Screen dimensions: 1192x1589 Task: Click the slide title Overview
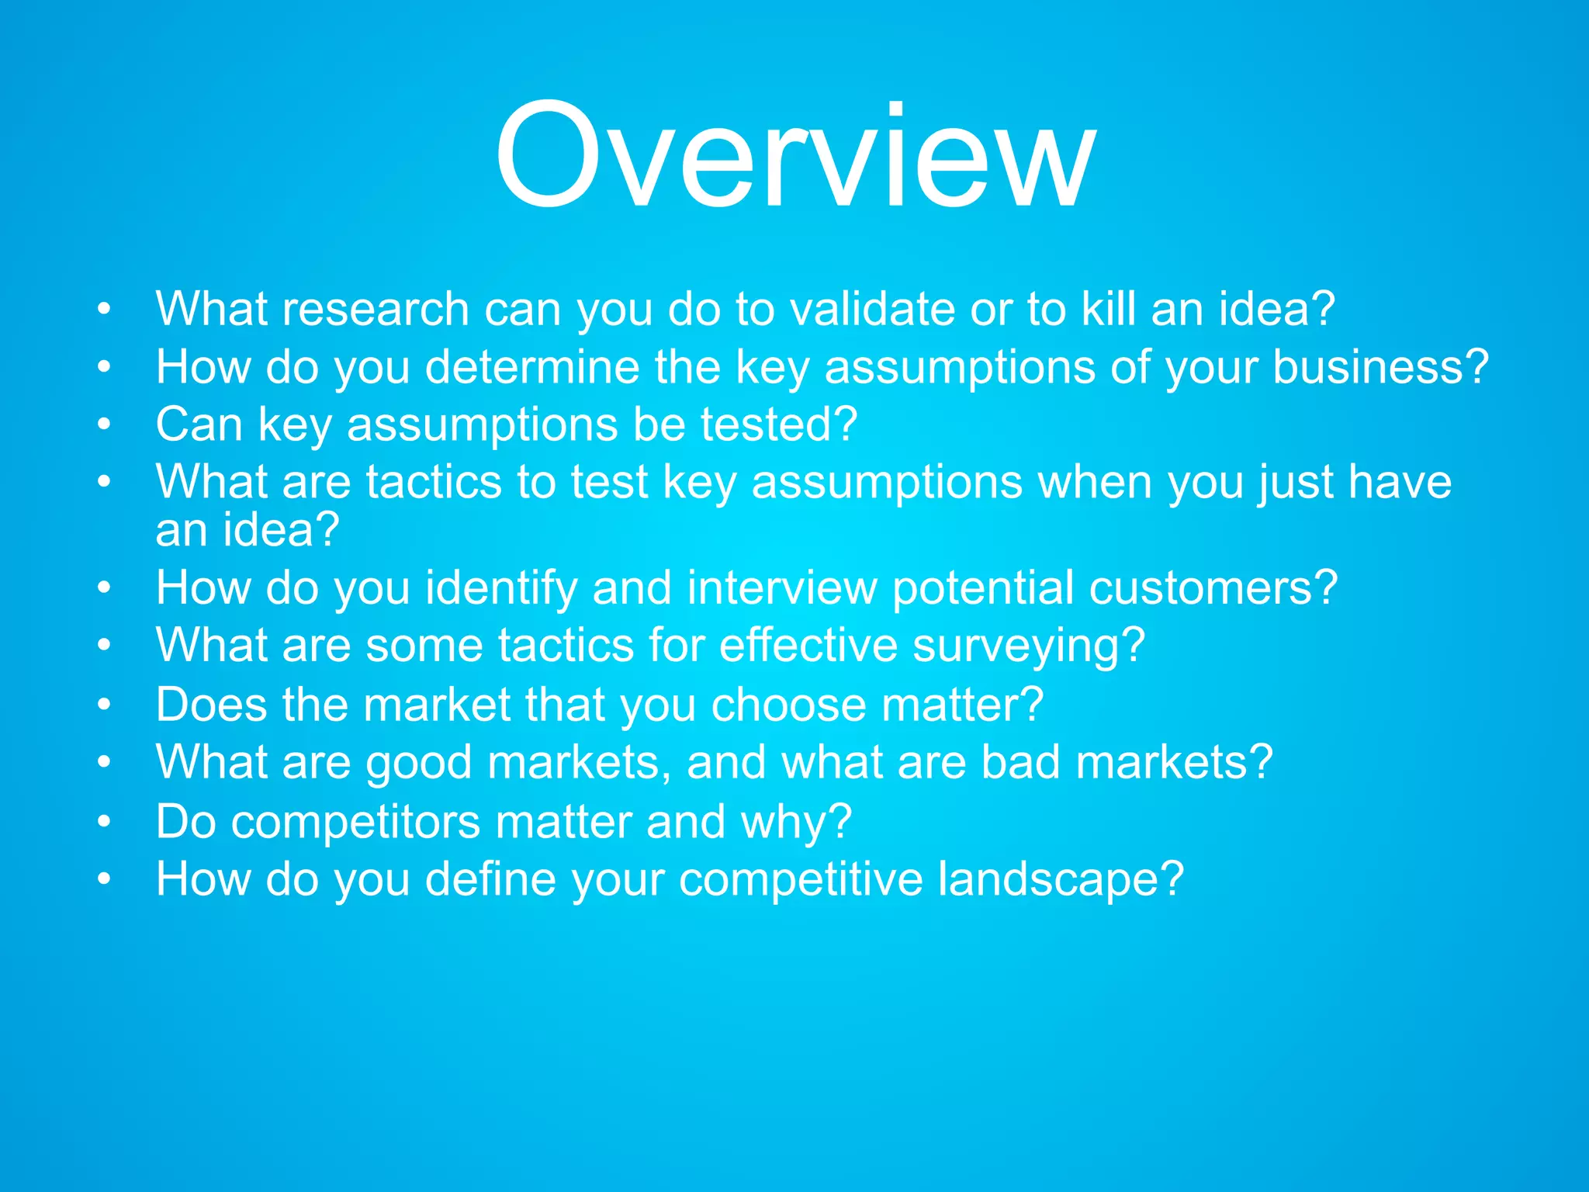[x=794, y=158]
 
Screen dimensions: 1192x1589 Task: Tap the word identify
[x=500, y=588]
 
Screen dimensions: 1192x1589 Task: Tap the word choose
[x=788, y=705]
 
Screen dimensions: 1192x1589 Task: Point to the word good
[x=418, y=763]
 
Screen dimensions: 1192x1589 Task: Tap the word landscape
[x=1059, y=879]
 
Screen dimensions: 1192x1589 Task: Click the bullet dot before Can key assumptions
[x=105, y=425]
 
